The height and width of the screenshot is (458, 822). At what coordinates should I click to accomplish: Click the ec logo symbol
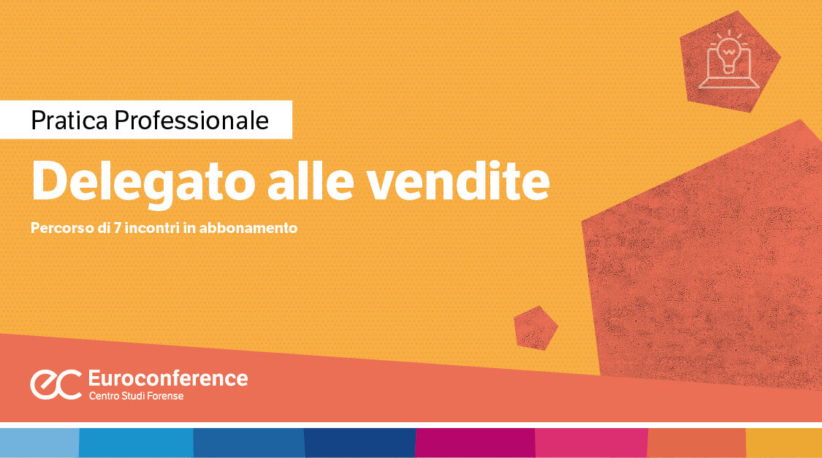(56, 384)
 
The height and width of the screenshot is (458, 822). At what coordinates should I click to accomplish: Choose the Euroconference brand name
(167, 378)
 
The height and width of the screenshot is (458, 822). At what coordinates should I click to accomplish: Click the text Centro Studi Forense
(136, 396)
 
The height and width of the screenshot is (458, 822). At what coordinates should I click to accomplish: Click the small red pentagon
(536, 327)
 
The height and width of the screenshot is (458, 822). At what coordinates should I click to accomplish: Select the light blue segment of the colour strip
(39, 443)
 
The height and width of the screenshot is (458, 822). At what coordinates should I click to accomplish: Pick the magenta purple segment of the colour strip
(475, 443)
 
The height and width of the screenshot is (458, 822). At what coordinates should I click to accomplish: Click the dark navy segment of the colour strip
(359, 443)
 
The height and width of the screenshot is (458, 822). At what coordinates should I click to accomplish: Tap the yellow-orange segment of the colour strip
(783, 443)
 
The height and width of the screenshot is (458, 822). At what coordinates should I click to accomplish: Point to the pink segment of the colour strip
(590, 443)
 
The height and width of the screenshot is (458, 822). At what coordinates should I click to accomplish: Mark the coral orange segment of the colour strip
(696, 443)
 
